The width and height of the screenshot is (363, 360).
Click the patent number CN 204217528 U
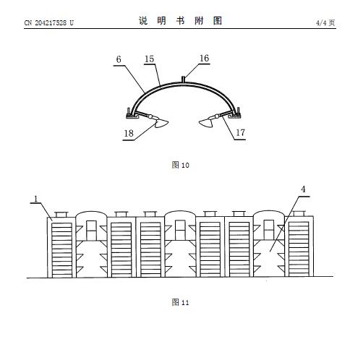[x=49, y=23]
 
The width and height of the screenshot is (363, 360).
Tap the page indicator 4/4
[x=321, y=23]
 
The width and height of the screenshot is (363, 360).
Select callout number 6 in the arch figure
[x=119, y=59]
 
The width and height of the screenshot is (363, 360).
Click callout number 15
[x=149, y=59]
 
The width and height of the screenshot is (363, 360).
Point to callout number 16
[x=204, y=58]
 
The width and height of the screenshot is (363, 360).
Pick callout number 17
[x=240, y=132]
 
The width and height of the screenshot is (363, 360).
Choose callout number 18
[x=129, y=133]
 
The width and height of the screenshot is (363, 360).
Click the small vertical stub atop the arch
[x=184, y=79]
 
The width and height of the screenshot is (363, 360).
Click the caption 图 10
[x=180, y=165]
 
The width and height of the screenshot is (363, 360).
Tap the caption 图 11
[x=180, y=302]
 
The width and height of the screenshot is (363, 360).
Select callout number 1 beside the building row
[x=36, y=199]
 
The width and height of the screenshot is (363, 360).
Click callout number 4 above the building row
[x=303, y=189]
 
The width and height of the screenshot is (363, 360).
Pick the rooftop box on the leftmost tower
[x=61, y=215]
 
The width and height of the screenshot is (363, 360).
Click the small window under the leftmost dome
[x=91, y=230]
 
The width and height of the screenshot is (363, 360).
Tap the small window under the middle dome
[x=180, y=230]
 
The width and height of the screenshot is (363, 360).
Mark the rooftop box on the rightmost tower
[x=299, y=213]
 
